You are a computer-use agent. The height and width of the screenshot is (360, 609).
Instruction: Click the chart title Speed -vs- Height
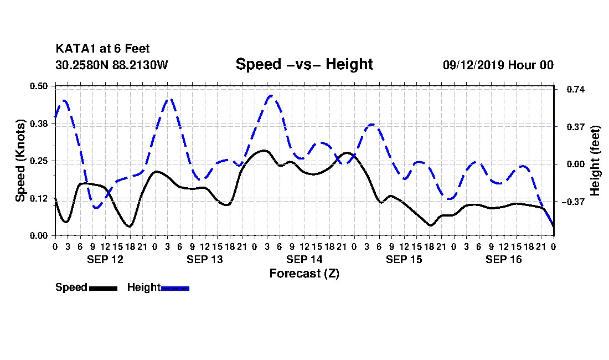tap(304, 64)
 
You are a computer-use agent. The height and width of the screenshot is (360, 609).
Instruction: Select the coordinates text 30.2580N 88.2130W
tap(112, 65)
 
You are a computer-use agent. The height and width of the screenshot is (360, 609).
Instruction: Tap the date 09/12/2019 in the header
tap(473, 65)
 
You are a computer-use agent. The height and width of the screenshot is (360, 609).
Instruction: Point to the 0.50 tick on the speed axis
tap(38, 86)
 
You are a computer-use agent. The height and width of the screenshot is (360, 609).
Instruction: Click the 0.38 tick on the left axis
tap(38, 124)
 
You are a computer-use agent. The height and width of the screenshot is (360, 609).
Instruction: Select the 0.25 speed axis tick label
tap(38, 161)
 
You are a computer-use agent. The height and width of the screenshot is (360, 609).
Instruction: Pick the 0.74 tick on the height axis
tap(576, 89)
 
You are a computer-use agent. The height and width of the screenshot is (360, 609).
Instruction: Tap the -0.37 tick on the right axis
tap(573, 202)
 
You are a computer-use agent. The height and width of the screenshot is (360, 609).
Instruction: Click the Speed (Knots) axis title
tap(20, 161)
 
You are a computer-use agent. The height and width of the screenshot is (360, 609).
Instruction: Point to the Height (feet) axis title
tap(595, 161)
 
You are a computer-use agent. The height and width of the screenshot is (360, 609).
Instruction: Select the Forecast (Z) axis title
tap(304, 274)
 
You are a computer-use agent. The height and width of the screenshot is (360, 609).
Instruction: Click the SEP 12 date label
tap(105, 259)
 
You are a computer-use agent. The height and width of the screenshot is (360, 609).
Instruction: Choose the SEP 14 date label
tap(304, 259)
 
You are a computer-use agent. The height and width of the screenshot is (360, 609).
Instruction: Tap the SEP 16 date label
tap(503, 259)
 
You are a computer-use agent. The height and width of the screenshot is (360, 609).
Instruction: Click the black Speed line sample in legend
tap(104, 288)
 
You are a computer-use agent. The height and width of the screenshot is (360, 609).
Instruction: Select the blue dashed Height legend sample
tap(175, 288)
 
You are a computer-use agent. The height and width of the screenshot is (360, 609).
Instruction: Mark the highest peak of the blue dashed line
tap(271, 95)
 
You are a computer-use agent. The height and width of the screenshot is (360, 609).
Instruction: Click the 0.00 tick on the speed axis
tap(38, 236)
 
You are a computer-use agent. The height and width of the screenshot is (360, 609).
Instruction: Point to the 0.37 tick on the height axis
tap(576, 127)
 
